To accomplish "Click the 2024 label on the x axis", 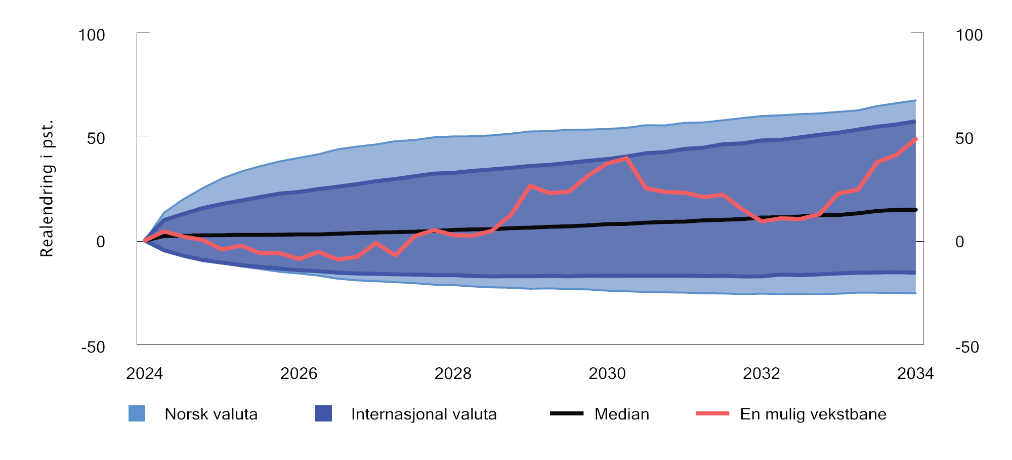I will pos(144,374).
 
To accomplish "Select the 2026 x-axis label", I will pos(299,374).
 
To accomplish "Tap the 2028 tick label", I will pos(453,374).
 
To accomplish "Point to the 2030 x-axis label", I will pos(607,374).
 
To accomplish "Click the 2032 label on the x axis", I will pos(761,374).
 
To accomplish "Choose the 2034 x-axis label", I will pos(915,374).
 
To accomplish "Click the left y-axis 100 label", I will pos(92,35).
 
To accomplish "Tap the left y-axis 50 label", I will pos(96,139).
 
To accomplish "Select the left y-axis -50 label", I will pos(93,348).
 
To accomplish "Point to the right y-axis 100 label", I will pos(969,35).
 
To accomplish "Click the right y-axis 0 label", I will pos(959,242).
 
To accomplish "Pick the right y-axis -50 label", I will pos(967,348).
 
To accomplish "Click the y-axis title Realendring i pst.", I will pos(47,189).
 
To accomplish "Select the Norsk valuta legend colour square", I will pos(137,413).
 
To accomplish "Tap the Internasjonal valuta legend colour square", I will pos(323,413).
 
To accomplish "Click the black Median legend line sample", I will pos(567,413).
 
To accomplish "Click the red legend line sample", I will pos(712,413).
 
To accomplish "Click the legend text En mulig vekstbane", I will pos(813,414).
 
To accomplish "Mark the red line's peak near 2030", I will pos(626,158).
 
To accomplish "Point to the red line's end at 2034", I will pos(915,139).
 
